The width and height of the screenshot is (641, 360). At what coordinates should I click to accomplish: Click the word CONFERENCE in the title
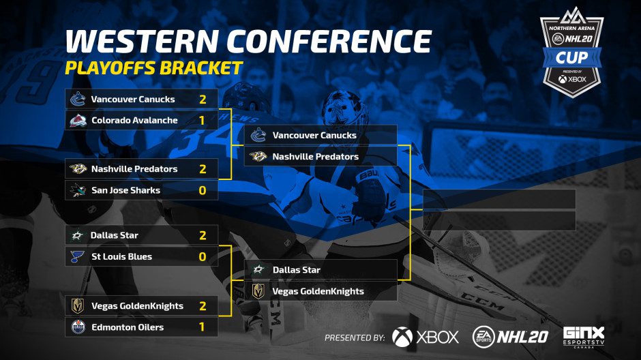click(329, 41)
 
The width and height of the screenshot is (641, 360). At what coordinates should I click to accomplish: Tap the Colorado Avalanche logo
click(78, 120)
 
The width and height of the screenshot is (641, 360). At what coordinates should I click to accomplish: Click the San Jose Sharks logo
click(78, 190)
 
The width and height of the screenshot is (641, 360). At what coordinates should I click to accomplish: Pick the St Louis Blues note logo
click(77, 256)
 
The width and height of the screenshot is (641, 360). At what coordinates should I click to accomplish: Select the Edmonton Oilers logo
click(78, 327)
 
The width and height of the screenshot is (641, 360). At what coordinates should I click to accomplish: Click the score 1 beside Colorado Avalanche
click(202, 121)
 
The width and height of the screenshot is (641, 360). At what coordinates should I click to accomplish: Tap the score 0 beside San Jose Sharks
click(203, 190)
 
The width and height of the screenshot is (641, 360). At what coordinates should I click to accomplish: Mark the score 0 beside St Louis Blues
click(203, 256)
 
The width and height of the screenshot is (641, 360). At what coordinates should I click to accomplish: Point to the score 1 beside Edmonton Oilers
click(202, 327)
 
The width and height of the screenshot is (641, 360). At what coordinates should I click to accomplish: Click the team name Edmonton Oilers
click(128, 327)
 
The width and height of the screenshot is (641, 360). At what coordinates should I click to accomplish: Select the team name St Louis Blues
click(122, 256)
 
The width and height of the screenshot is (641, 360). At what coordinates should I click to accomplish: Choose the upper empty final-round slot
click(499, 199)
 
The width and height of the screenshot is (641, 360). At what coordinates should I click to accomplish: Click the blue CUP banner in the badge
click(572, 58)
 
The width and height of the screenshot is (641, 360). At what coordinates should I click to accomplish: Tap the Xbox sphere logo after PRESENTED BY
click(402, 337)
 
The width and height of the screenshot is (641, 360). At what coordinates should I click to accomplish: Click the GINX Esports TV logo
click(583, 337)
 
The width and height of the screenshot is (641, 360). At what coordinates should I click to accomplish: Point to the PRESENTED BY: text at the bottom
click(355, 338)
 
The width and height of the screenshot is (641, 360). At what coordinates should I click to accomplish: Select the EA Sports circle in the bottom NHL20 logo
click(483, 337)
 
